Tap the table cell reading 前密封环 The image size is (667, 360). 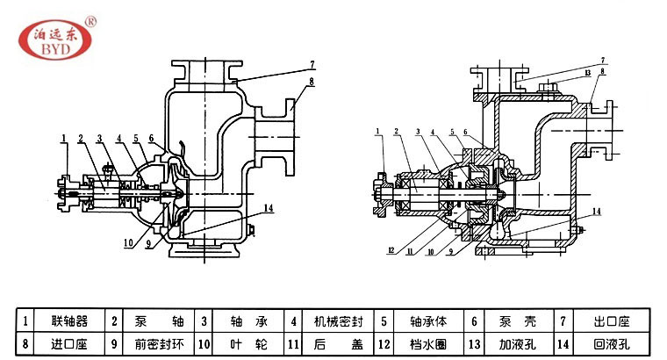tap(153, 343)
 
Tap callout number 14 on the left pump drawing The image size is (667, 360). tap(269, 207)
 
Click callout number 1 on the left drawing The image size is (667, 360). tap(64, 136)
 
